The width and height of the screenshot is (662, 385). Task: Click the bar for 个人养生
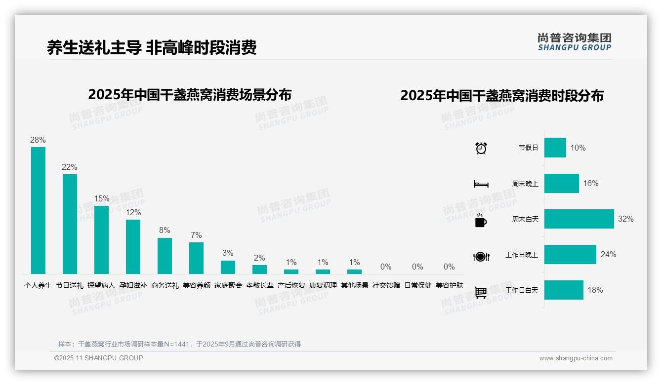pos(38,210)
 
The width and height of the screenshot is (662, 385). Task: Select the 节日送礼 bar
pos(70,224)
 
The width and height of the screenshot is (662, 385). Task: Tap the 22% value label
pos(70,167)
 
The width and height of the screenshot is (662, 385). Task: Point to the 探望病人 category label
pos(101,285)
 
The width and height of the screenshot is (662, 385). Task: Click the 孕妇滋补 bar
pos(133,247)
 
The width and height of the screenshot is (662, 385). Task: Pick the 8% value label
pos(165,231)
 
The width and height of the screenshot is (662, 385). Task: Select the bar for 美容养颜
pos(196,258)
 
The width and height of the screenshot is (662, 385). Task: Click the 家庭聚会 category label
pos(228,285)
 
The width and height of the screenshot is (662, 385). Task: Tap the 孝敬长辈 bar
pos(259,269)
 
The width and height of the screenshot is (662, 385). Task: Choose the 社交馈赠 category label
pos(386,285)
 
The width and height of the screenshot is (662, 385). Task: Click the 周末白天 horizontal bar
pos(579,219)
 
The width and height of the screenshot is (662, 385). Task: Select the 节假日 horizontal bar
pos(555,148)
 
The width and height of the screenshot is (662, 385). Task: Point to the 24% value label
pos(608,255)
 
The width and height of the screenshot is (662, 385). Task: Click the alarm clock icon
pos(481,148)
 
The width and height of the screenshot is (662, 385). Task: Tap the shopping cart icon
pos(481,292)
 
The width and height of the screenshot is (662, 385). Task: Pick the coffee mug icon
pos(481,221)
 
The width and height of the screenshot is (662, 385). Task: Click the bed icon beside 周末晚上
pos(481,184)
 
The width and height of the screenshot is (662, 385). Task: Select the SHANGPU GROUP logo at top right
pos(574,42)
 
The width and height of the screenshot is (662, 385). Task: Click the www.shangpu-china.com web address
pos(576,358)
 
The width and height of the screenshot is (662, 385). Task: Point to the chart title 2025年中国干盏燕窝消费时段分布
pos(502,96)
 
